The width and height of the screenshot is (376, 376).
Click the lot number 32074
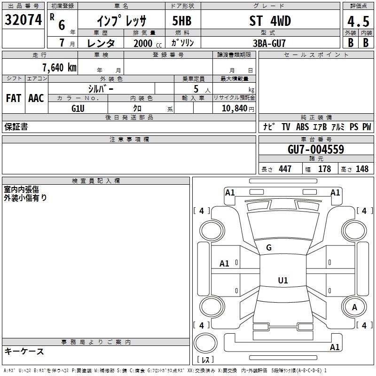tap(23, 20)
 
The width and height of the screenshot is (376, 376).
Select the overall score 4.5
tap(358, 21)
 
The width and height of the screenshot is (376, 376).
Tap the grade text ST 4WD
tap(270, 21)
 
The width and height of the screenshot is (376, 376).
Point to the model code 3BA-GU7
tap(269, 43)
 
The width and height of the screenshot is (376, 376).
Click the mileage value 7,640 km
tap(60, 68)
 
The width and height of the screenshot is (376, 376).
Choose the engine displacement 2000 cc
tap(148, 43)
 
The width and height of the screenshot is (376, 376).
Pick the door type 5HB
tap(182, 21)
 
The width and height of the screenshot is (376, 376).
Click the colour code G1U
tap(78, 109)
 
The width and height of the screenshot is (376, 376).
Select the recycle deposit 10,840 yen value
tap(238, 109)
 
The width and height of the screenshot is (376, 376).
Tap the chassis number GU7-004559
tap(316, 149)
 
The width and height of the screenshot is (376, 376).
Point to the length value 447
tap(285, 169)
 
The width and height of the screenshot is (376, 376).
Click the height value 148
tap(362, 169)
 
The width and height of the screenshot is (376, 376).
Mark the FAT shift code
tap(14, 98)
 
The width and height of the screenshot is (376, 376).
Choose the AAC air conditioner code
tap(36, 98)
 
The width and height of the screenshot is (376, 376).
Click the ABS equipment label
tap(302, 127)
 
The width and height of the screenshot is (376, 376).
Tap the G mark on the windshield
tap(269, 248)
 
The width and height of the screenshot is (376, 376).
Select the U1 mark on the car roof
tap(283, 280)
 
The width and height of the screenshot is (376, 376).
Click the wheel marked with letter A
tap(354, 307)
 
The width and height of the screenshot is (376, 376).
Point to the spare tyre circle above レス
tap(205, 343)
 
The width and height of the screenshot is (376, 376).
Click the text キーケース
tap(24, 352)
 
